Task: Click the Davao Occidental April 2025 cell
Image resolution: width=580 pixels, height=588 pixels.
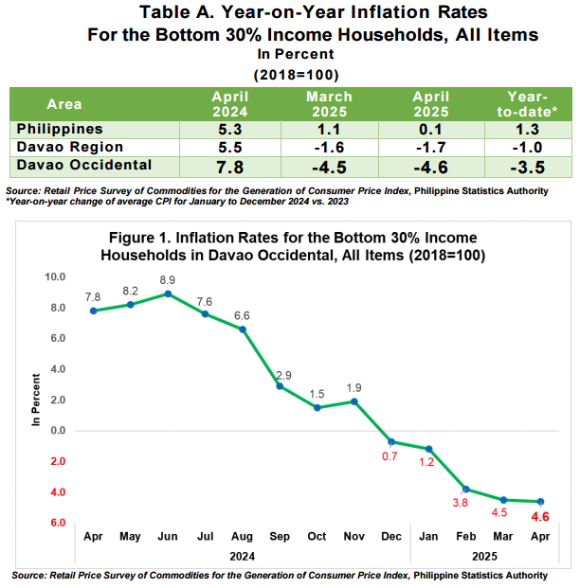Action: pyautogui.click(x=431, y=167)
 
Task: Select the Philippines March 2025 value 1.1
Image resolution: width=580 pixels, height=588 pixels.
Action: pyautogui.click(x=329, y=130)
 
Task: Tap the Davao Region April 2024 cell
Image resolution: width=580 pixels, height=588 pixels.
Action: pyautogui.click(x=230, y=148)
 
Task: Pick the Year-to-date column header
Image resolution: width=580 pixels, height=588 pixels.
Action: pyautogui.click(x=528, y=104)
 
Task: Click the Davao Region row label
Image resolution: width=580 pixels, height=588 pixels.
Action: pyautogui.click(x=70, y=147)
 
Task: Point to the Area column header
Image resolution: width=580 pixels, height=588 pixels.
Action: pyautogui.click(x=64, y=104)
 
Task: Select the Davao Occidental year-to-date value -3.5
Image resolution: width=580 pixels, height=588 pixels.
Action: pyautogui.click(x=528, y=168)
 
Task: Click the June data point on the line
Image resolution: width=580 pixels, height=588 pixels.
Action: pyautogui.click(x=168, y=294)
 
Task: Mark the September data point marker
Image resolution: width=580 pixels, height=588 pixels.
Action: pyautogui.click(x=280, y=386)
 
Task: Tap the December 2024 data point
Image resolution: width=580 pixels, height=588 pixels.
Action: pyautogui.click(x=391, y=442)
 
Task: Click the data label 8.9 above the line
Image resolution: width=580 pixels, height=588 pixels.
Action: pyautogui.click(x=168, y=280)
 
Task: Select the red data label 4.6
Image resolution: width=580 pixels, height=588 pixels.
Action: pyautogui.click(x=540, y=517)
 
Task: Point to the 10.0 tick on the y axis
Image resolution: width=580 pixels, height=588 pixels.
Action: pyautogui.click(x=55, y=276)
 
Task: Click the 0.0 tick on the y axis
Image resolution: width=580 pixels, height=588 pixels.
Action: pyautogui.click(x=58, y=431)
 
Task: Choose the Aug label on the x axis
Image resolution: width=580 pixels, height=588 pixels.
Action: pyautogui.click(x=242, y=537)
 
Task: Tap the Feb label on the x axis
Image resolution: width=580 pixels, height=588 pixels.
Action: pyautogui.click(x=466, y=536)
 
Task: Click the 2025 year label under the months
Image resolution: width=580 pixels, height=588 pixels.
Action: pyautogui.click(x=484, y=556)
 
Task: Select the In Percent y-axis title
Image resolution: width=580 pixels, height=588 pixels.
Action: pyautogui.click(x=36, y=400)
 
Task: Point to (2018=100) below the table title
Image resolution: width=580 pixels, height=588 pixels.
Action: pyautogui.click(x=297, y=75)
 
